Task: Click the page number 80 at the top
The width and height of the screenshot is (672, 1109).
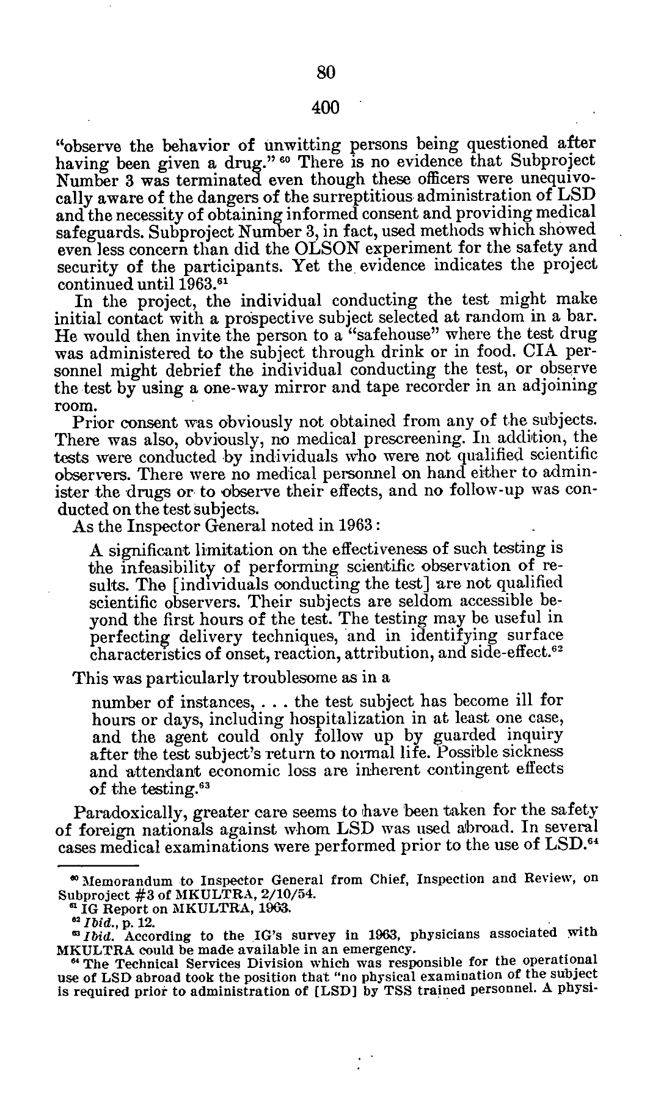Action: (326, 73)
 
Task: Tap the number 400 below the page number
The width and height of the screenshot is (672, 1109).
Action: (324, 108)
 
